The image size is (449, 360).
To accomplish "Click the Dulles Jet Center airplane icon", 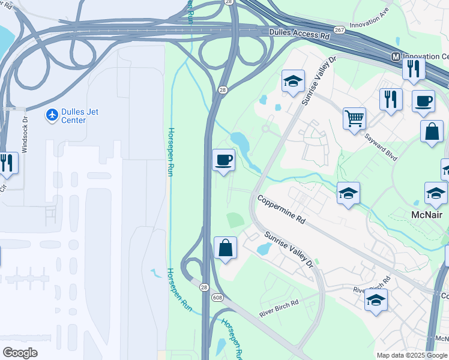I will click(x=52, y=114).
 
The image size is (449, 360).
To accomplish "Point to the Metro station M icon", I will click(x=396, y=56).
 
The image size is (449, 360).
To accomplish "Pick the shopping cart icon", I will click(x=354, y=118).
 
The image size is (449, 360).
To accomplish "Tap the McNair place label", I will click(x=428, y=214).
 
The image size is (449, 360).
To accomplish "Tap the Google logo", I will click(x=20, y=352).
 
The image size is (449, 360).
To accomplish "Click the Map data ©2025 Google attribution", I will click(x=412, y=355).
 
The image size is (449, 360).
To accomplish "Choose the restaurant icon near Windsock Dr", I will click(x=7, y=162).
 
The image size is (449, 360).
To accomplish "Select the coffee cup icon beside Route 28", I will click(x=224, y=160).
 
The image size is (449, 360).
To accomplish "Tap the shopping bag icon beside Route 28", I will click(x=225, y=247).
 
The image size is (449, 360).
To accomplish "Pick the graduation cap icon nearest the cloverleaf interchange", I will click(x=293, y=81).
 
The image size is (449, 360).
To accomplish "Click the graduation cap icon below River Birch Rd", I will click(x=376, y=300).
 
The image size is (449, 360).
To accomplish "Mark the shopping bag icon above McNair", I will click(x=431, y=131).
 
